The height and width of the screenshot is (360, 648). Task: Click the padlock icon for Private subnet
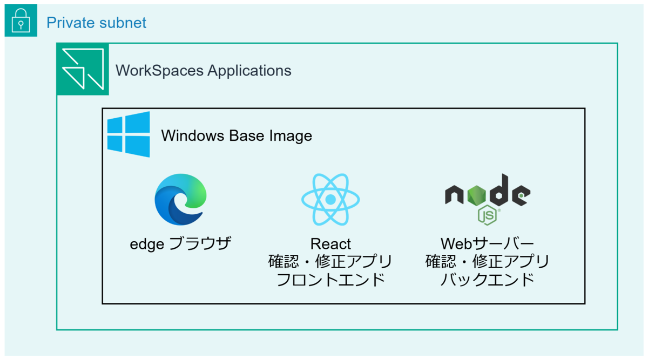coord(21,21)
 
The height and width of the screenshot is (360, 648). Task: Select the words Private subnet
coord(96,23)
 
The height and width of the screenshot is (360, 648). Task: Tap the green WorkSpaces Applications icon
coord(83,69)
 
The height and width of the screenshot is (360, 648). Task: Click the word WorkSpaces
coord(159,71)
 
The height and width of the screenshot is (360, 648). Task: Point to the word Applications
coord(249,71)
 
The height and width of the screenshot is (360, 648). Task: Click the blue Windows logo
coord(129,134)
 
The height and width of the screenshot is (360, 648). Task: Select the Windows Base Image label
coord(237,135)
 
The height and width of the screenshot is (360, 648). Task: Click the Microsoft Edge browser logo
coord(180,200)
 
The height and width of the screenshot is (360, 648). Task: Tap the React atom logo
coord(330,200)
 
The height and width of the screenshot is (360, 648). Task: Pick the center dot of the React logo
coord(330,200)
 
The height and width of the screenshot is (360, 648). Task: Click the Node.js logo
coord(488,200)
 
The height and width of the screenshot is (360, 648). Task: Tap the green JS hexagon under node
coord(488,215)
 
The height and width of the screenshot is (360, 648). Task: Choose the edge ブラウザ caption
coord(180,244)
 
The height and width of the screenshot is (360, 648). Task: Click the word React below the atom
coord(330,244)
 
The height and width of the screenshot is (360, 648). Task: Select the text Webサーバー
coord(488,244)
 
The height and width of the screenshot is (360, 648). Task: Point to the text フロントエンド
coord(330,280)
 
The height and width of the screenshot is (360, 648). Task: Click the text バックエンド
coord(488,280)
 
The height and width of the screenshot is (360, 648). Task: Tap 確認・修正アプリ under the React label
coord(330,262)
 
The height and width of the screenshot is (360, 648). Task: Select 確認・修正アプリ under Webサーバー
coord(488,262)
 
